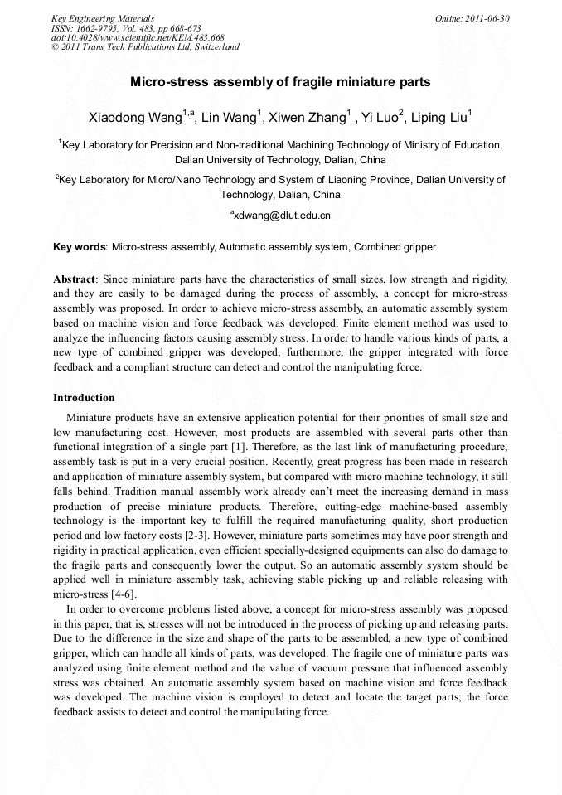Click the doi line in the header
(138, 37)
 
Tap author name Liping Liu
(442, 117)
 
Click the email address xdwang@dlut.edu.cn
(282, 216)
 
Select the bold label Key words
(80, 247)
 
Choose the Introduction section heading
(84, 398)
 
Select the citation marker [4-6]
(120, 594)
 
